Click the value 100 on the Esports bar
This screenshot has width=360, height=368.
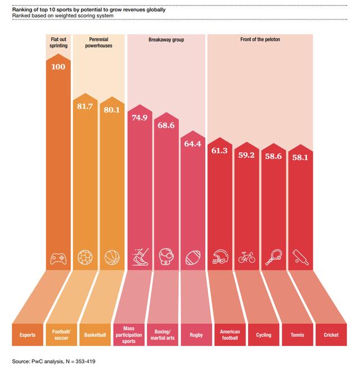(57, 67)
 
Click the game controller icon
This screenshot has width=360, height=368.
(57, 257)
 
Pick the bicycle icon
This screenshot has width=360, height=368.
(246, 257)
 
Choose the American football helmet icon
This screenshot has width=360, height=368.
(220, 257)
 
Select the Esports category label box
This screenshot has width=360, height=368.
(27, 335)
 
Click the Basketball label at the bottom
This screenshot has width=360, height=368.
(95, 335)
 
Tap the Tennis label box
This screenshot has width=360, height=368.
(297, 335)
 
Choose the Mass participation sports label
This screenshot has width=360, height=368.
(128, 335)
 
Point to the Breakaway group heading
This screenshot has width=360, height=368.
(166, 40)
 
